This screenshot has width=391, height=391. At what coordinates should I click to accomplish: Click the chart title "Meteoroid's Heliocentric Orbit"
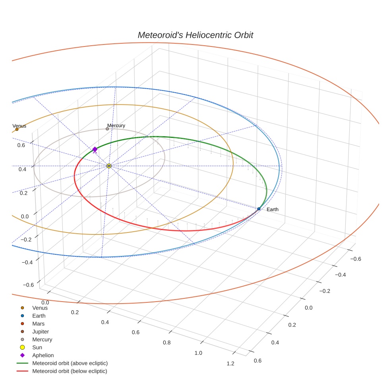[x=195, y=35]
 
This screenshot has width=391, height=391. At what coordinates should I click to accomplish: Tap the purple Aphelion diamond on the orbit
[x=95, y=149]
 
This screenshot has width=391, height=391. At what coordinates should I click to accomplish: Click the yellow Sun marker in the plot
[x=109, y=166]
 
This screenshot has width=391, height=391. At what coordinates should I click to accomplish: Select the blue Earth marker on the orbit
[x=259, y=209]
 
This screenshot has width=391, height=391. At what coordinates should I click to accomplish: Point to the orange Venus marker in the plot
[x=17, y=129]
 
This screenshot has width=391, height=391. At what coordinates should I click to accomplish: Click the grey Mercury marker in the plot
[x=107, y=129]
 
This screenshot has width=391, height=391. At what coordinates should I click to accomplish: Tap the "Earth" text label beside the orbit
[x=273, y=209]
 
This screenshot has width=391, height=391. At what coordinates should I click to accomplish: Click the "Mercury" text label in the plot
[x=116, y=126]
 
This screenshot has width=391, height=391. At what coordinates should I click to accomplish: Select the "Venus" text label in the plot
[x=19, y=126]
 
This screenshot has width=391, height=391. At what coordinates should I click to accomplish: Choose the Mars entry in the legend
[x=38, y=323]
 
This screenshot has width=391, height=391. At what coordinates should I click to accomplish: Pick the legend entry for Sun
[x=37, y=347]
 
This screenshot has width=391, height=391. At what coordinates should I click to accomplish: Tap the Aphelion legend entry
[x=43, y=355]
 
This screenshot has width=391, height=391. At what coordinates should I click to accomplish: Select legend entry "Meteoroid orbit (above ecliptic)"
[x=70, y=363]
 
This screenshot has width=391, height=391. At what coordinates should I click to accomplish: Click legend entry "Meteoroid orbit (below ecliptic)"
[x=70, y=371]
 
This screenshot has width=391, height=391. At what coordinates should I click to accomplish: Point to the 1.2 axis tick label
[x=230, y=363]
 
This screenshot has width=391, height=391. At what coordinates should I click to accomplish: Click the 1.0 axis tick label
[x=198, y=353]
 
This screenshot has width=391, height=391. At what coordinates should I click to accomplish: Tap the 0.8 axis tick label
[x=166, y=343]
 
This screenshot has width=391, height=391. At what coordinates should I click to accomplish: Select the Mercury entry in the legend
[x=42, y=339]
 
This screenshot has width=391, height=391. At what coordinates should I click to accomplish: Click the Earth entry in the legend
[x=39, y=316]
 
